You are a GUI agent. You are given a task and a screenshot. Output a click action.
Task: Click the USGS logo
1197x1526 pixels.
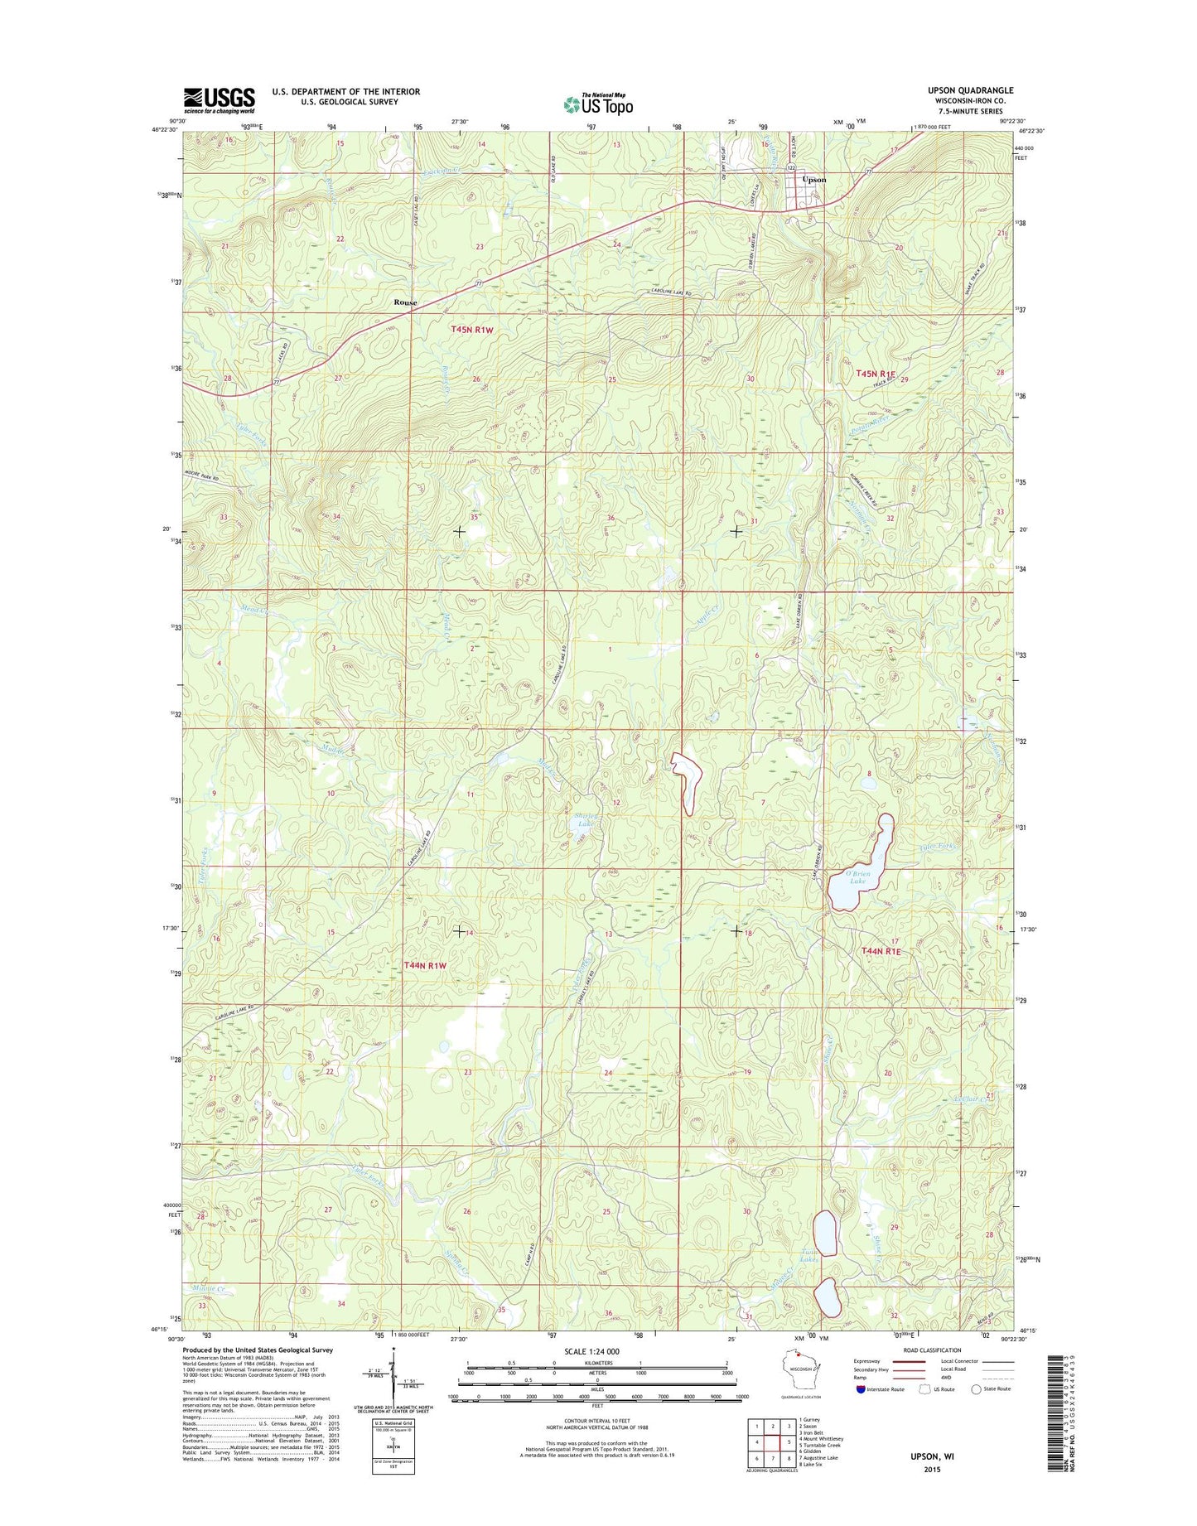point(219,100)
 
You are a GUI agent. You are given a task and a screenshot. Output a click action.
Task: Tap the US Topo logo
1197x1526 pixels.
point(598,104)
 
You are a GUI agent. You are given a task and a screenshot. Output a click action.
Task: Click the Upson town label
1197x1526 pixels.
point(813,180)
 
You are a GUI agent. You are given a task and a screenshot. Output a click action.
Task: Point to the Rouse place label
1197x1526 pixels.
point(405,302)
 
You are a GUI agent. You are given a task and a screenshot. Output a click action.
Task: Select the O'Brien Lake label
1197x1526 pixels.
point(858,876)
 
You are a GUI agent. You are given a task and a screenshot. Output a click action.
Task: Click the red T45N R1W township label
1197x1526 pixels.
point(472,330)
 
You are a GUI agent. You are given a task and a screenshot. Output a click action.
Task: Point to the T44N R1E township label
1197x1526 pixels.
point(881,952)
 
